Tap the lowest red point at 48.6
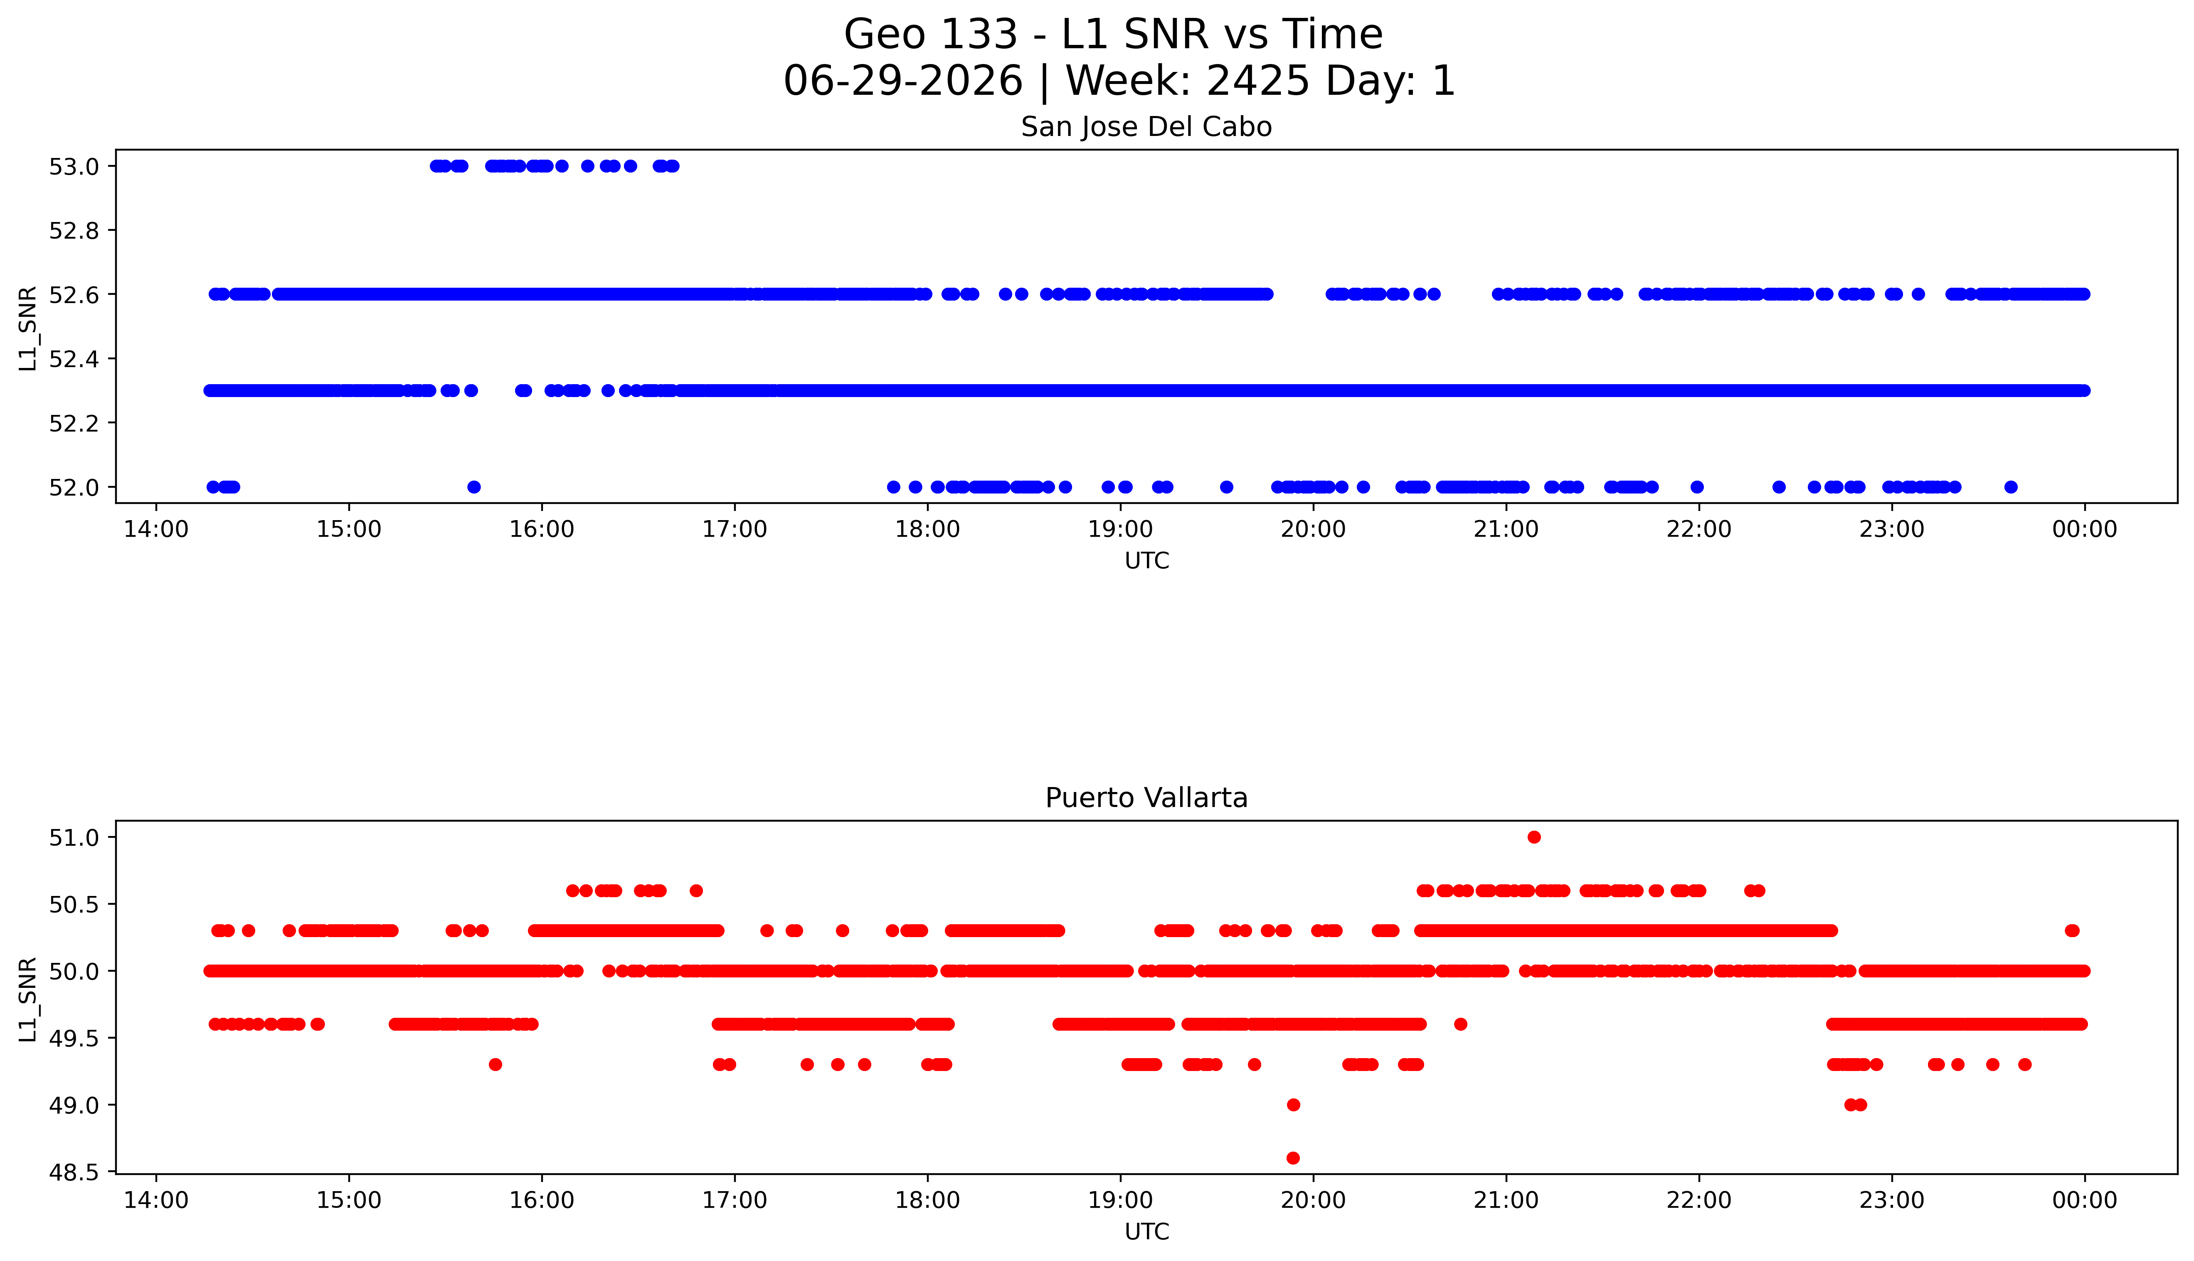point(1294,1158)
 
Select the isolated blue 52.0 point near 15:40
point(473,487)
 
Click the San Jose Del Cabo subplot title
point(1146,127)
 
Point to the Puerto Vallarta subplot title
point(1146,798)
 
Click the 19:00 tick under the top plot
point(1120,529)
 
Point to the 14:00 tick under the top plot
point(156,529)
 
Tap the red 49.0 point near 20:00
point(1294,1104)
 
